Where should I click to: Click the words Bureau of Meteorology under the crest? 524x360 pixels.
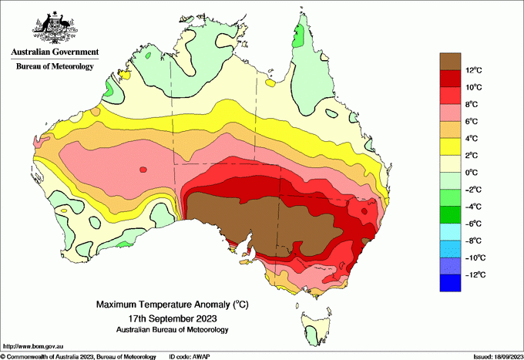[x=55, y=67]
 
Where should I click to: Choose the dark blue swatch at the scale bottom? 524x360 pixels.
[x=452, y=283]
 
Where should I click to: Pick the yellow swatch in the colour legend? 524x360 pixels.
[x=452, y=146]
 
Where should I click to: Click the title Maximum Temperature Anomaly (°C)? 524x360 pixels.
[x=172, y=305]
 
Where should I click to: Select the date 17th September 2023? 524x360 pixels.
[x=172, y=318]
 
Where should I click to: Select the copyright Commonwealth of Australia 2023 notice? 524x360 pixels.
[x=77, y=356]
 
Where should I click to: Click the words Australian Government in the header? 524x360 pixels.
[x=54, y=52]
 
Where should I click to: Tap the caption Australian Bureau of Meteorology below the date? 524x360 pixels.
[x=172, y=330]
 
